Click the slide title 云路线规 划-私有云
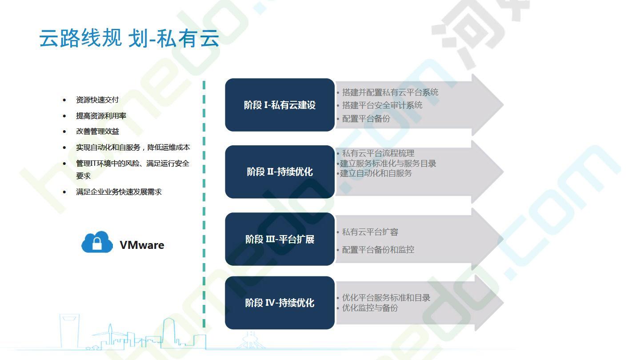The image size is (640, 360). pos(129,38)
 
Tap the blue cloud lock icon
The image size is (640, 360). pos(97,242)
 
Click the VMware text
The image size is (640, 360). pos(142,245)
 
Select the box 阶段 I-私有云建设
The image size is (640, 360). pos(280,105)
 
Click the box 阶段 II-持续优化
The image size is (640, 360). pos(280,172)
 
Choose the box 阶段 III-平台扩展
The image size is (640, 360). pos(280,239)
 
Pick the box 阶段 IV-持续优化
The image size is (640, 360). pos(280,303)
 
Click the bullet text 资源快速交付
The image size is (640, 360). pos(97,100)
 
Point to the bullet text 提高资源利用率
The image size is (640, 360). pos(101,116)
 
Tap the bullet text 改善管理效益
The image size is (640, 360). pos(97,132)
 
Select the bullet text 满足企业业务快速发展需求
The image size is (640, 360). pos(119,192)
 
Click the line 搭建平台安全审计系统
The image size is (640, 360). pos(382,105)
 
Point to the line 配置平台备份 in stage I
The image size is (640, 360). pos(366,119)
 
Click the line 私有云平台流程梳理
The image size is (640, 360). pos(378,153)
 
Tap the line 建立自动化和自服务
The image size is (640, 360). pos(376,173)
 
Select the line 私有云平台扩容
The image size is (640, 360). pos(370,232)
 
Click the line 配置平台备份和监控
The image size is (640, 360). pos(378,250)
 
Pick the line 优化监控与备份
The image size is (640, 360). pos(370,308)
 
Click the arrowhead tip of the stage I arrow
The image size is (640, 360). pos(504,105)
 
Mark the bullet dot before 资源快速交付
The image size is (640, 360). pos(64,100)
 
